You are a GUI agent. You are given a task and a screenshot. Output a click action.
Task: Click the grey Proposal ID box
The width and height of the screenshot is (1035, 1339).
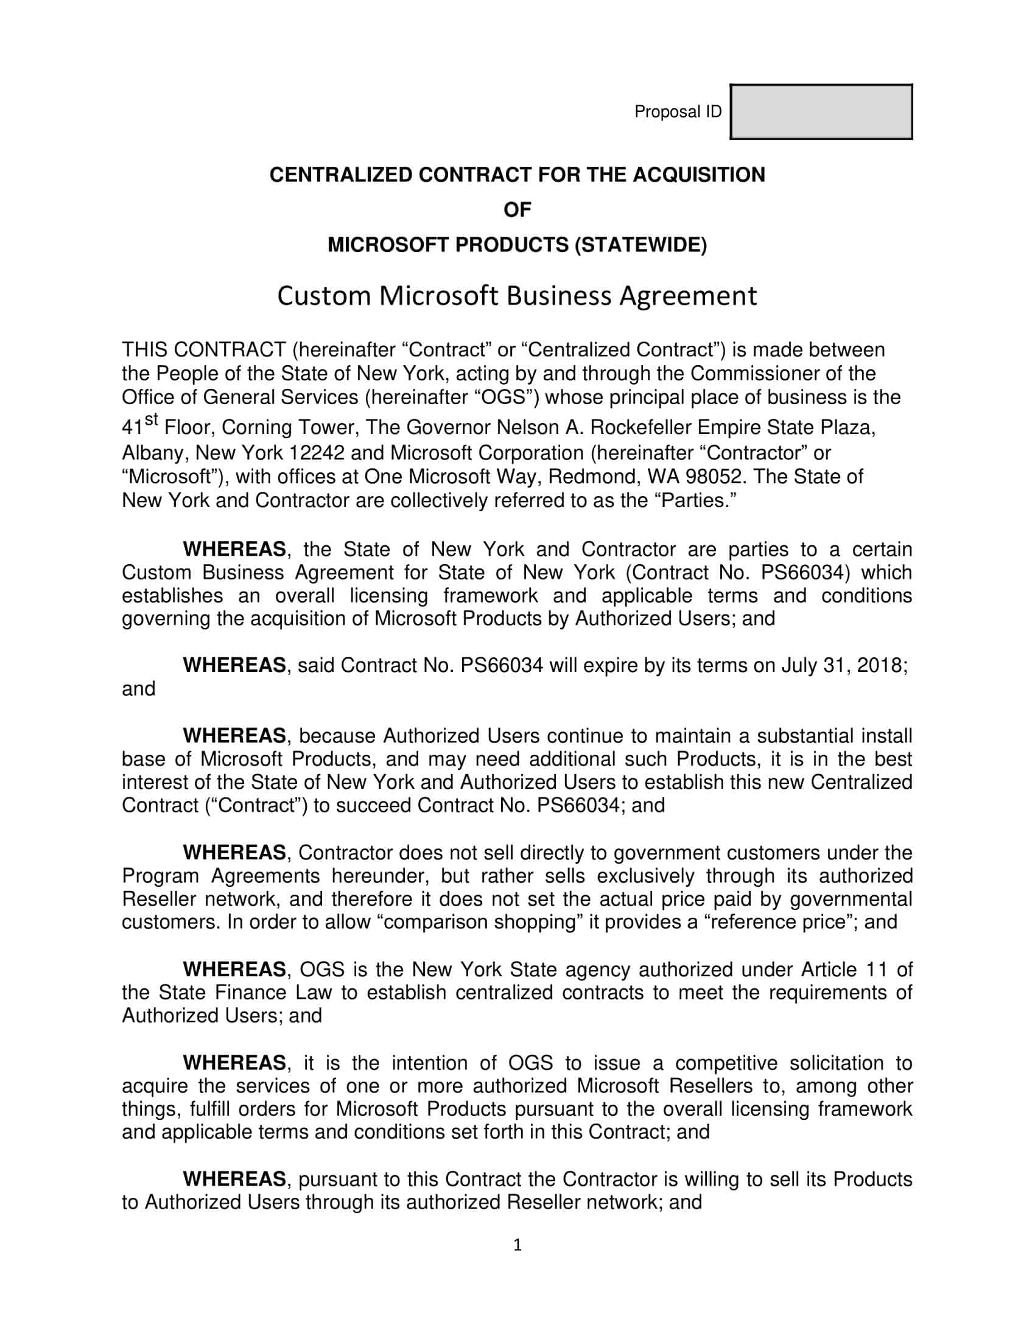(x=821, y=111)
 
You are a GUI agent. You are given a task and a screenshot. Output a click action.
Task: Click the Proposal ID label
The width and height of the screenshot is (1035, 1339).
(x=678, y=111)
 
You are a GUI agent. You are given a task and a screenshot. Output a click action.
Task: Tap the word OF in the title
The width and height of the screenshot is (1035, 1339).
(x=517, y=210)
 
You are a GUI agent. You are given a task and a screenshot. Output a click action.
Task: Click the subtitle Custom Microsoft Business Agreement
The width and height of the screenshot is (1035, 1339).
(x=517, y=296)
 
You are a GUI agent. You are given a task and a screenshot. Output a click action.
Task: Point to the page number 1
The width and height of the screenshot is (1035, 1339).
(x=517, y=1245)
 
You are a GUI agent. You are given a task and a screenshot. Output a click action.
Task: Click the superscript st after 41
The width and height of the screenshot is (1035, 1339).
(x=152, y=420)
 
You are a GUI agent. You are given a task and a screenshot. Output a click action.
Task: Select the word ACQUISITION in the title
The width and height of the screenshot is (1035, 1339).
(x=699, y=175)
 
